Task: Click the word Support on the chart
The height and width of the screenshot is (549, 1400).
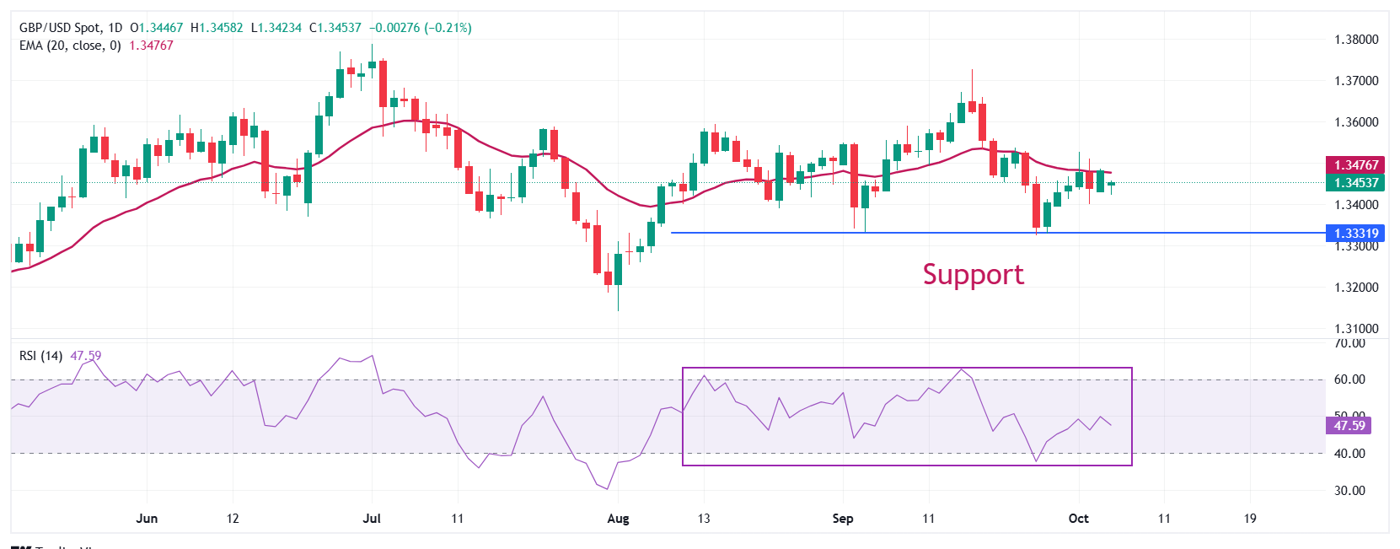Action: click(973, 275)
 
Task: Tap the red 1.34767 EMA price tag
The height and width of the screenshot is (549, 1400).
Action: click(1355, 165)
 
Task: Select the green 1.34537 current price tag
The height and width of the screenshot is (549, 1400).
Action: click(1355, 182)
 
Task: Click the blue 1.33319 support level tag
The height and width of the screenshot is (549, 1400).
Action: click(1355, 234)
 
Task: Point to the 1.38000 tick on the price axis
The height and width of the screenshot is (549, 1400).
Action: click(1356, 40)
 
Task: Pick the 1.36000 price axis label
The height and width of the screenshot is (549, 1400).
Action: click(1356, 122)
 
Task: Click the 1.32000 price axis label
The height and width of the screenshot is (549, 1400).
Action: click(1356, 288)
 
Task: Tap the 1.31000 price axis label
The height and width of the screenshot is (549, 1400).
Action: click(1356, 329)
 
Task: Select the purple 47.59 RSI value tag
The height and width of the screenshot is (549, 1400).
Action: click(1349, 426)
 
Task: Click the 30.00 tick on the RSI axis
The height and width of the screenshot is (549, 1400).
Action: click(1349, 491)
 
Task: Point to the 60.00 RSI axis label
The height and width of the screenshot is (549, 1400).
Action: click(1349, 379)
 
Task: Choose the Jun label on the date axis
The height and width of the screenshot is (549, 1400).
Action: click(147, 519)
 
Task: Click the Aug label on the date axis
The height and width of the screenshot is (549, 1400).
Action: click(618, 519)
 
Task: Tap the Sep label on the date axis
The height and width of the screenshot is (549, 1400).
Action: click(843, 519)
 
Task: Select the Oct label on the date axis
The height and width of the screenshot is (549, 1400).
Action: click(1078, 519)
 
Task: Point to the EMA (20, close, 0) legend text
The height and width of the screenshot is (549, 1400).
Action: click(70, 46)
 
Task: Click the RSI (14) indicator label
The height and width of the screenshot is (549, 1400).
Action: click(40, 356)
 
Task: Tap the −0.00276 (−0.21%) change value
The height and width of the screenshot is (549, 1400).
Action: click(420, 28)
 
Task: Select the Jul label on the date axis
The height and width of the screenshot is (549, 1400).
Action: click(372, 519)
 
